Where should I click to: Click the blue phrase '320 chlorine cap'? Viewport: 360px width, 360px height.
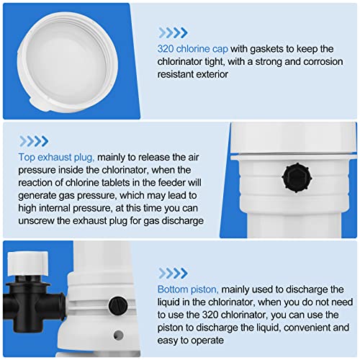point(193,49)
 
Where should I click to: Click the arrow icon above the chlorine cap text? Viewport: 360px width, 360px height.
point(174,32)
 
